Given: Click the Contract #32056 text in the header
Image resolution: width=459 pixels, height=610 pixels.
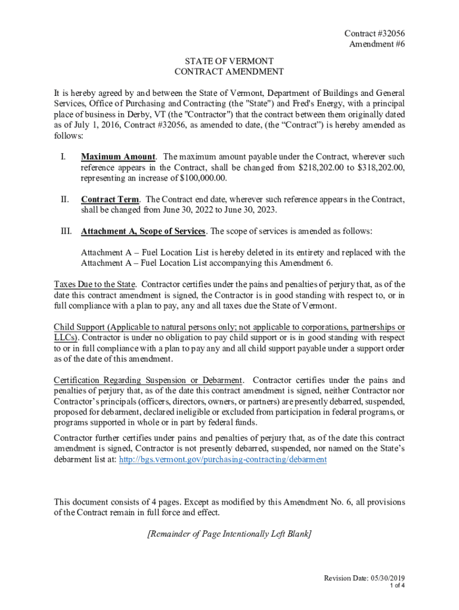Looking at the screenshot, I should click(370, 33).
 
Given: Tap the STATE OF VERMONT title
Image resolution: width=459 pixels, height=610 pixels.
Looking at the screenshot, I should click(229, 61).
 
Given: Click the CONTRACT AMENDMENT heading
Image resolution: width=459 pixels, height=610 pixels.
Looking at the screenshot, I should click(229, 72).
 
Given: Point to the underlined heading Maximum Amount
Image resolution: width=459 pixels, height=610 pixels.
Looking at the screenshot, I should click(118, 157).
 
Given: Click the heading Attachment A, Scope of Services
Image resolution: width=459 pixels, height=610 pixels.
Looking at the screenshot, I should click(143, 231).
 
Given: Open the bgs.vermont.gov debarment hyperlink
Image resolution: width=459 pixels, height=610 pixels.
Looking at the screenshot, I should click(223, 460).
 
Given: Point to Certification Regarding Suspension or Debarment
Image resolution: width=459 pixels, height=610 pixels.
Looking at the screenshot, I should click(148, 380).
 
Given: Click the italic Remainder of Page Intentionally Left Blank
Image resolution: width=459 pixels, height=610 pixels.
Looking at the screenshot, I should click(229, 534).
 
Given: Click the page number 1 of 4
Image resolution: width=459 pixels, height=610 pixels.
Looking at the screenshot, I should click(397, 586).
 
